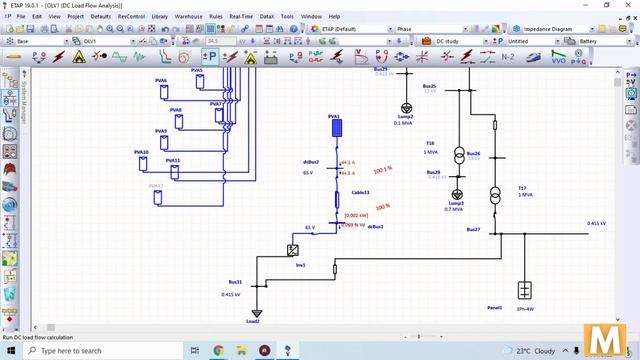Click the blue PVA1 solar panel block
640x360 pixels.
335,127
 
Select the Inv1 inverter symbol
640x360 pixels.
294,250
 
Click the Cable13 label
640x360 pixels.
361,192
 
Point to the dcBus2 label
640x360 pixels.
311,161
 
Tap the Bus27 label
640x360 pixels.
473,230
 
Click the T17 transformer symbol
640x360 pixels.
494,193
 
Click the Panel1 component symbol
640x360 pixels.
523,291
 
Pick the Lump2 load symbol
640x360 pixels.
406,108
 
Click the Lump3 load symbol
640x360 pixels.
457,194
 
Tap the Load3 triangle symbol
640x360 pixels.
255,311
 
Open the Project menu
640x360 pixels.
75,17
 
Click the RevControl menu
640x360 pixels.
131,17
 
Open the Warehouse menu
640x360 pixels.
188,17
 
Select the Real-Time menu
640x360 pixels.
241,17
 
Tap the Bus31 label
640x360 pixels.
235,282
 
